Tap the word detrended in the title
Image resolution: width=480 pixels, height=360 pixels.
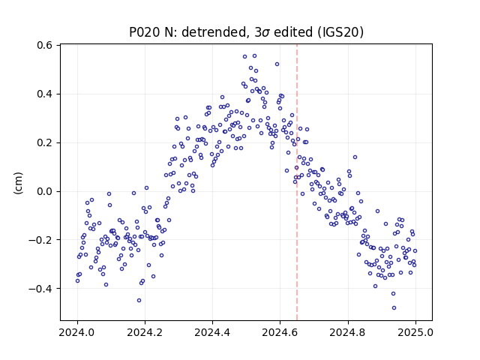click(x=214, y=32)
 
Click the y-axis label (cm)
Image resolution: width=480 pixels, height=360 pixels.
click(x=18, y=183)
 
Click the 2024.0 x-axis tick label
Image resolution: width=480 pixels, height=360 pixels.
click(x=77, y=332)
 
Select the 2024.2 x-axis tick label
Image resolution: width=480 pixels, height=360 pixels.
click(x=145, y=332)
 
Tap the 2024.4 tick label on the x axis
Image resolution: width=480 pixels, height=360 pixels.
click(x=212, y=332)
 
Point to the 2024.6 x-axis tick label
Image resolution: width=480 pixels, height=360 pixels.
click(x=280, y=332)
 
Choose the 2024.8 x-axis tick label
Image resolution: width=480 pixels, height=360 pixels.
click(x=348, y=332)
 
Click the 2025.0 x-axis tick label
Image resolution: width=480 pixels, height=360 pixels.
click(x=415, y=332)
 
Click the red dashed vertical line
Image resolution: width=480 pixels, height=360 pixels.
click(x=297, y=182)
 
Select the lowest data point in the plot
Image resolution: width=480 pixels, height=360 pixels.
click(x=394, y=307)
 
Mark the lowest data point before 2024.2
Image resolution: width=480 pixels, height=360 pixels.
click(x=139, y=300)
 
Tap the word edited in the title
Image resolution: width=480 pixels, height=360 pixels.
click(x=293, y=32)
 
